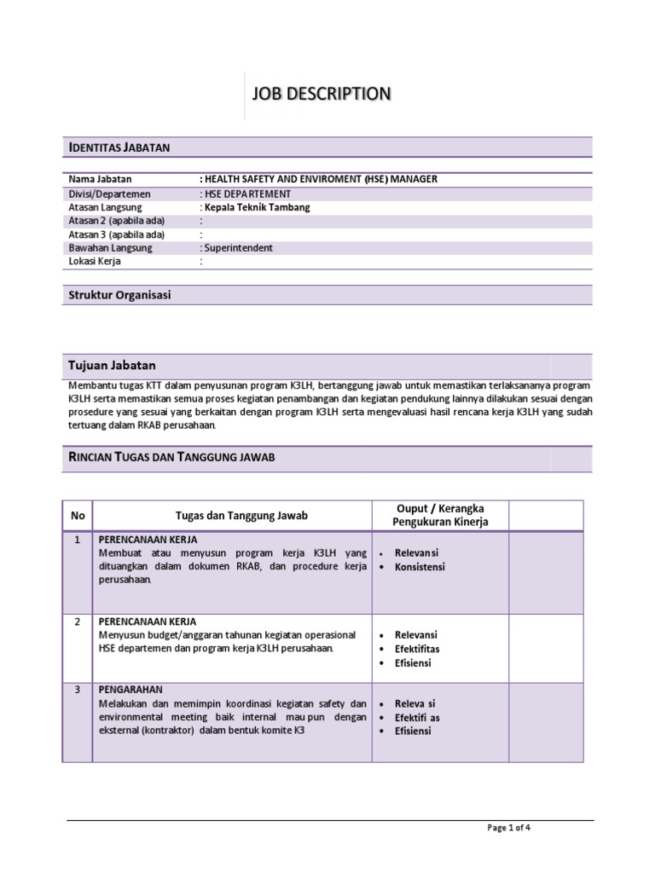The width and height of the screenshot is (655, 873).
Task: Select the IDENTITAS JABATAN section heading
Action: point(119,147)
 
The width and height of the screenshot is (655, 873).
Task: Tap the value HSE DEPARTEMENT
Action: point(245,194)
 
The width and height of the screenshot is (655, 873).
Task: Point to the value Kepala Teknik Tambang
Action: point(255,207)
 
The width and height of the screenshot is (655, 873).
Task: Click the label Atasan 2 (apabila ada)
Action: point(116,221)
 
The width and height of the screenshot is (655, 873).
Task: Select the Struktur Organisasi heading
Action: point(119,295)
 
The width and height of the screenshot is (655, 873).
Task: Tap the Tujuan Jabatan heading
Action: point(112,365)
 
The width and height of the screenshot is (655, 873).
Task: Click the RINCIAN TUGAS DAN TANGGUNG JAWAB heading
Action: point(171,458)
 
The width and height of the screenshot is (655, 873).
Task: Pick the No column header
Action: point(78,516)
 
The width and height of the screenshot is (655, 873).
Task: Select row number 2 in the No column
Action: point(78,622)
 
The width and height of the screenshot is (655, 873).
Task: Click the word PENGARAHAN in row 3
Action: point(130,690)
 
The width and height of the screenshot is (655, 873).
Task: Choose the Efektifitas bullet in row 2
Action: point(417,649)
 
